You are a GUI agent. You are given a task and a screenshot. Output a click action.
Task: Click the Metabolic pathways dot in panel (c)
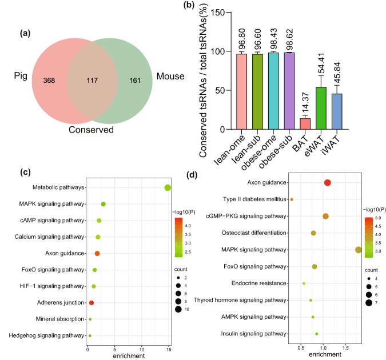168,188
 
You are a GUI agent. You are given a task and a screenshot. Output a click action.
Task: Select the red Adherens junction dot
91,302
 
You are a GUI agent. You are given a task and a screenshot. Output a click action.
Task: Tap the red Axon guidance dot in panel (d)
328,182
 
